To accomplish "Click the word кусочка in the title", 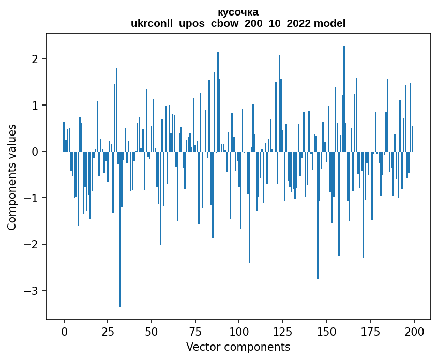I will (x=238, y=12).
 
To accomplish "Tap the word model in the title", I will (x=331, y=24).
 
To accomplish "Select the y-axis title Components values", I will (x=12, y=177).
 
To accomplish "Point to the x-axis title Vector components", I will (x=238, y=347).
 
